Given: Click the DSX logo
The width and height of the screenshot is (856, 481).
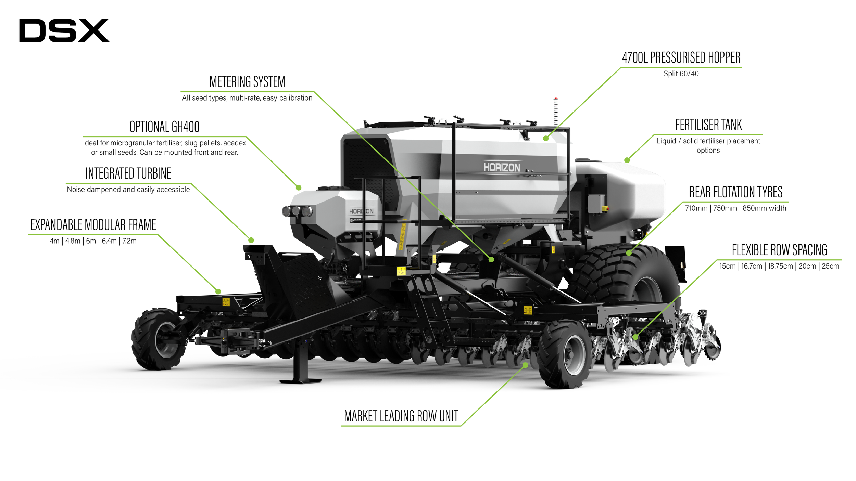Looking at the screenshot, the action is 64,31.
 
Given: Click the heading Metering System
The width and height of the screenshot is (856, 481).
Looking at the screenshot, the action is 247,82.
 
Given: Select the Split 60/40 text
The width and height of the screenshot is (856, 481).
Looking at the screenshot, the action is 681,74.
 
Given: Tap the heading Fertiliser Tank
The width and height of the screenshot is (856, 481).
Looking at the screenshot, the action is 708,125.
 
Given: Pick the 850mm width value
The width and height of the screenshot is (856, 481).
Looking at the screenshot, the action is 764,208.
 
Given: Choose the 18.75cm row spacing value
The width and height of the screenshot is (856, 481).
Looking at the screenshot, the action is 780,266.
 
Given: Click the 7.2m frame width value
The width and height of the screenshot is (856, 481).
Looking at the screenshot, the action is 129,241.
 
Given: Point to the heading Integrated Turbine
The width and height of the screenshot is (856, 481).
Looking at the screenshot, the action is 128,173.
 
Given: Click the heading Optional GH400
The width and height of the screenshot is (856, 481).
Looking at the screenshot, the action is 164,127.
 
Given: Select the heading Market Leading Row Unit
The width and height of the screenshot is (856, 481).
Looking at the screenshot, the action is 401,416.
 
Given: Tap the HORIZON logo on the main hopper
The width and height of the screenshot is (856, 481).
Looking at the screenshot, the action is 502,168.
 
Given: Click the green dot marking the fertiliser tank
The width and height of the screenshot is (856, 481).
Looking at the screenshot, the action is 627,160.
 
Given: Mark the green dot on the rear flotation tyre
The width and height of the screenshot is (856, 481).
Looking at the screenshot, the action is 629,253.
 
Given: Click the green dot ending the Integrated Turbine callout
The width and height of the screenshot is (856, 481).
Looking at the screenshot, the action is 251,240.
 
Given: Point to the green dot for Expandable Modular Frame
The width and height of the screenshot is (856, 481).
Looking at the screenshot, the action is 218,291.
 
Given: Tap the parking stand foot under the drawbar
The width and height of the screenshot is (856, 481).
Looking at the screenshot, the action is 300,380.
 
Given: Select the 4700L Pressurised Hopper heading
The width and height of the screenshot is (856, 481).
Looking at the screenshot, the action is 681,58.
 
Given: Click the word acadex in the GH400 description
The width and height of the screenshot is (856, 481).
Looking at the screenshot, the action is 235,143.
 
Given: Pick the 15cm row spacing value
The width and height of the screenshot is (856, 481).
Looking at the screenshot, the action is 727,266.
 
